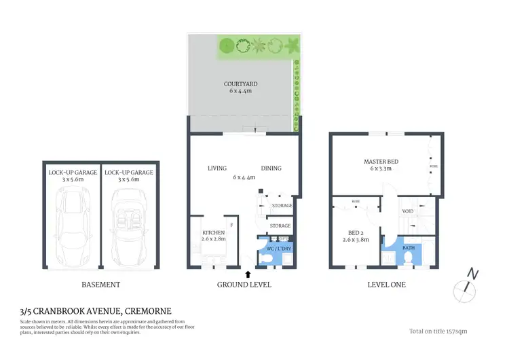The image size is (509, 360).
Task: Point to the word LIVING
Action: [217, 168]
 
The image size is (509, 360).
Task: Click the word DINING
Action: [271, 168]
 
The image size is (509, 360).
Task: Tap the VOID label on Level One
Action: [408, 211]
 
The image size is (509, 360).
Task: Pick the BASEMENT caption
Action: [100, 285]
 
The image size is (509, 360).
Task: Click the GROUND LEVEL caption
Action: [244, 285]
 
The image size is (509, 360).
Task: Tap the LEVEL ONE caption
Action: [385, 285]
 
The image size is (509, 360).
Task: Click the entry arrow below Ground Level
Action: [248, 274]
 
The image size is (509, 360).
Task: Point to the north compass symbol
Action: [466, 286]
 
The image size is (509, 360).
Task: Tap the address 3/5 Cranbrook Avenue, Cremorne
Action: [96, 310]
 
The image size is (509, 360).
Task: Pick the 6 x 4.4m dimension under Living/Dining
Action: [244, 177]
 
